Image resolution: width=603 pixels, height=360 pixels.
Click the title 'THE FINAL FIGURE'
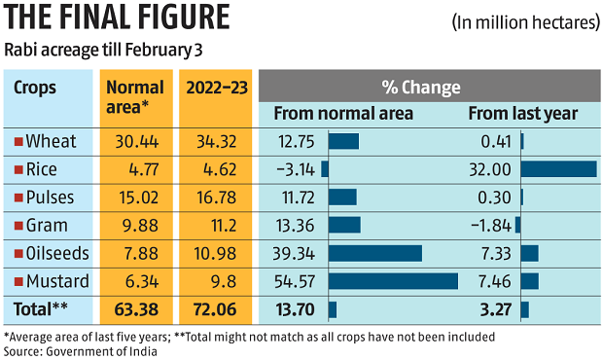tap(117, 18)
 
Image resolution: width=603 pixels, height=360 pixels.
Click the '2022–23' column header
tap(216, 87)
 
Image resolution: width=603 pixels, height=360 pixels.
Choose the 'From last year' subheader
tap(523, 114)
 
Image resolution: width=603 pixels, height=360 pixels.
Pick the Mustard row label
tap(56, 282)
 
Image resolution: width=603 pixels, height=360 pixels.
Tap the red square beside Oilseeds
tap(18, 254)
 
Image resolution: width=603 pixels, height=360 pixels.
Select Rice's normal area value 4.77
tap(130, 169)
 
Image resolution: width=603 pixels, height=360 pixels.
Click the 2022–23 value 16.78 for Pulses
tap(216, 198)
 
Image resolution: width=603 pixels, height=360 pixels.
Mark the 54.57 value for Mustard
tap(296, 282)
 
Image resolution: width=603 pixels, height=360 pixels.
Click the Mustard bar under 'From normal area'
tap(393, 282)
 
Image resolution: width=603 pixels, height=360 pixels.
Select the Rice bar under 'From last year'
tap(558, 169)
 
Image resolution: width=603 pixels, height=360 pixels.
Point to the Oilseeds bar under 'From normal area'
tap(375, 254)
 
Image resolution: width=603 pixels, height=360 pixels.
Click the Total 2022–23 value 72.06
tap(216, 310)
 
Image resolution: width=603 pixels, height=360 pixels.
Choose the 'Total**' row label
tap(41, 310)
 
